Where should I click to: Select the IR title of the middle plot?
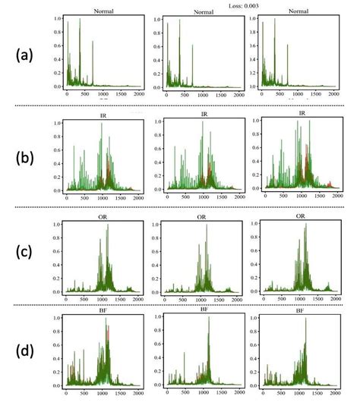point(204,115)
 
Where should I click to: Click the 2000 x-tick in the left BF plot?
point(138,394)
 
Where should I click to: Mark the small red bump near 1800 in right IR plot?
point(330,183)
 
